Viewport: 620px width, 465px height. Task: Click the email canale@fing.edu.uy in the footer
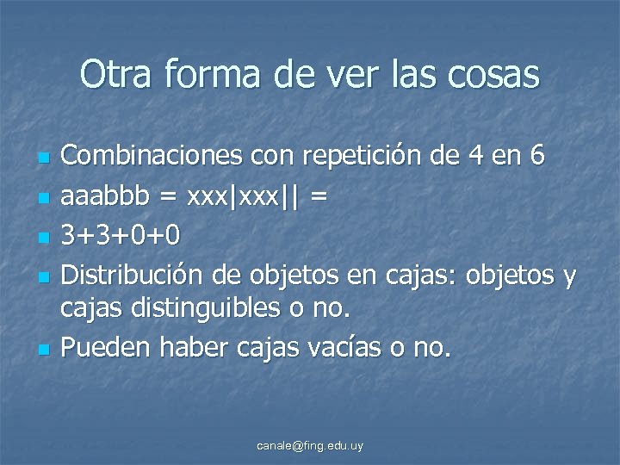[311, 445]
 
